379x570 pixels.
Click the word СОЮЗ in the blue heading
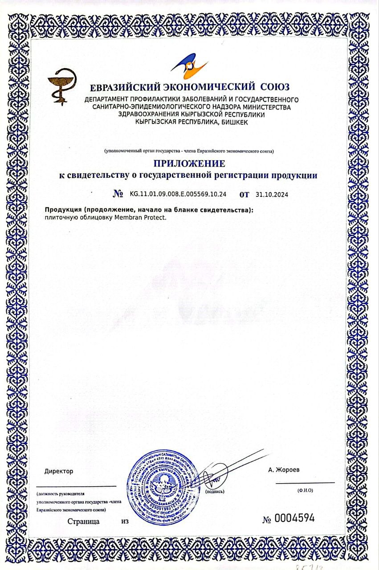click(272, 87)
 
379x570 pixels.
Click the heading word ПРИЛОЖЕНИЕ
click(189, 163)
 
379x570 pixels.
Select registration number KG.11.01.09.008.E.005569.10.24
click(178, 194)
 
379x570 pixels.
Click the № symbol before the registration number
click(118, 194)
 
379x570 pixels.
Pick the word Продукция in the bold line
click(61, 210)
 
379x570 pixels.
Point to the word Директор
click(59, 471)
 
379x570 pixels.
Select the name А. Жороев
click(284, 470)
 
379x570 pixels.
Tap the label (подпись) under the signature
click(215, 492)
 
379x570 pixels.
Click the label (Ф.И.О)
click(305, 490)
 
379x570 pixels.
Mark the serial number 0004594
click(294, 518)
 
